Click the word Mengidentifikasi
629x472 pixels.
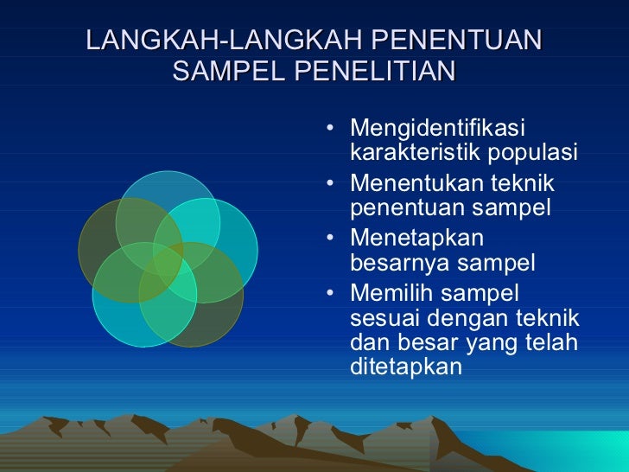[437, 130]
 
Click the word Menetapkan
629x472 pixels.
[417, 238]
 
